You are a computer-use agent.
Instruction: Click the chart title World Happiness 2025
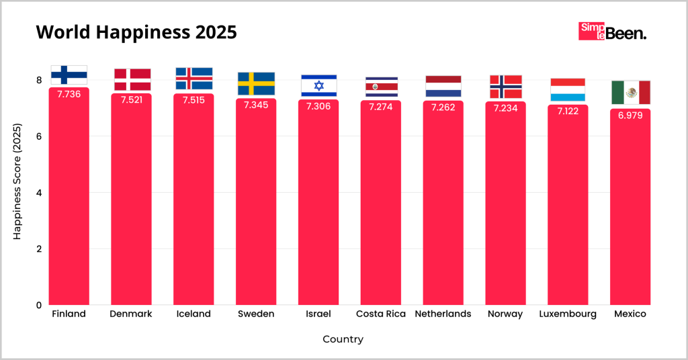136,33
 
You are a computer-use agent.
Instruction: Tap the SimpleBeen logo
612,32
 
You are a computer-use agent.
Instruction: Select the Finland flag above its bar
69,75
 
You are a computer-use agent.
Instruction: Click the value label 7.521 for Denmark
131,99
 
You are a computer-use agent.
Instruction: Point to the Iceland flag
193,79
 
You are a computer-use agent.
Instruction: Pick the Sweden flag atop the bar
256,84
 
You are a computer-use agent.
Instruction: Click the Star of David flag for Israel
318,86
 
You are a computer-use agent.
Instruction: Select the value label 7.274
381,106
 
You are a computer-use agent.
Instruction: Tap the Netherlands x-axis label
443,314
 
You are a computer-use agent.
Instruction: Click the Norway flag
505,87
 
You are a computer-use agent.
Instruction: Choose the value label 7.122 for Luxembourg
568,110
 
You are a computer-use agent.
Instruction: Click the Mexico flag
630,92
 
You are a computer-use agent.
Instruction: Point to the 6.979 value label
630,115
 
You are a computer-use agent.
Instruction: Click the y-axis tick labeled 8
39,81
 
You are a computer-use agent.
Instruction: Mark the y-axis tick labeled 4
39,193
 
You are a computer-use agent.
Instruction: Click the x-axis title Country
343,339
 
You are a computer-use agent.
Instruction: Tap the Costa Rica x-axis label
381,314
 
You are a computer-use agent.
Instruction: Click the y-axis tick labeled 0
39,305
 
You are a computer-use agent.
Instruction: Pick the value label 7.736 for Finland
69,94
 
